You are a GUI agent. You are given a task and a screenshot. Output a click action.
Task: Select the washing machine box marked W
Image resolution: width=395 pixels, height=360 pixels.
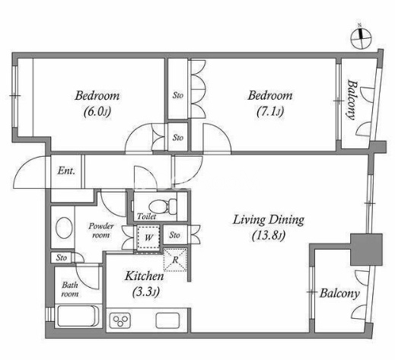[x=148, y=237]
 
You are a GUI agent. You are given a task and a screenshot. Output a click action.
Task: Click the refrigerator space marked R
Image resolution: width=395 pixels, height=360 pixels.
[x=175, y=260]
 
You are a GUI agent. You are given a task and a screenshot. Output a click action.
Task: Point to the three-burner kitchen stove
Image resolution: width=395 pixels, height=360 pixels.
[x=120, y=320]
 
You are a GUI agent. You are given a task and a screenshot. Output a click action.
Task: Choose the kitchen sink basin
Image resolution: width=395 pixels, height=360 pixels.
[x=167, y=320]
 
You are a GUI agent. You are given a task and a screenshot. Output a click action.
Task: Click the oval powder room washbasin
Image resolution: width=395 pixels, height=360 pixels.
[x=64, y=228]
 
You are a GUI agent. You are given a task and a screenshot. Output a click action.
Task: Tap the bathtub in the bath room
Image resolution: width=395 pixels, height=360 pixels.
[x=77, y=316]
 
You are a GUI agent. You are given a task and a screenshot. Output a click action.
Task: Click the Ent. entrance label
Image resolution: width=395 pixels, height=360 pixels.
[x=66, y=170]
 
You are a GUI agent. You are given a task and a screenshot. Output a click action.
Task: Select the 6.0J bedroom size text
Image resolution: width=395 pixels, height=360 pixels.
[x=97, y=112]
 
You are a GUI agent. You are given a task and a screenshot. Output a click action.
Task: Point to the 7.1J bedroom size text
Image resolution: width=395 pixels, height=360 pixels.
[x=270, y=112]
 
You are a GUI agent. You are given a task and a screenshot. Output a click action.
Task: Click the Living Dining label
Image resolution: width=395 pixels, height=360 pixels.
[x=269, y=220]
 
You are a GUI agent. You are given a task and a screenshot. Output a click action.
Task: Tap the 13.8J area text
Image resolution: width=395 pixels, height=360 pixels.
[x=269, y=236]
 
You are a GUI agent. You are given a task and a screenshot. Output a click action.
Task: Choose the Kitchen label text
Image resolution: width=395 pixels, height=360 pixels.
[x=144, y=276]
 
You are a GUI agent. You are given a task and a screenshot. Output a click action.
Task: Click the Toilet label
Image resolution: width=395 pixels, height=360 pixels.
[x=146, y=216]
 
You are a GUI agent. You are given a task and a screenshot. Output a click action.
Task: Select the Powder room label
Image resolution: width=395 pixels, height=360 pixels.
[x=101, y=231]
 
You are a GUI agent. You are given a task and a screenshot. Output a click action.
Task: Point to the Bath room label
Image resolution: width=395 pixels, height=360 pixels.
[x=70, y=289]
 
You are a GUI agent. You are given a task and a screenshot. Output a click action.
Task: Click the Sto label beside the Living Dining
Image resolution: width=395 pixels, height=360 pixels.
[x=174, y=235]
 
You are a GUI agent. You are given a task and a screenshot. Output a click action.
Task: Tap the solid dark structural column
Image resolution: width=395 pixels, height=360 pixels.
[x=366, y=250]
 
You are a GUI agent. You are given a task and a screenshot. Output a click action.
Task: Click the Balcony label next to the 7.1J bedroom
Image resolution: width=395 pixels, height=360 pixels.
[x=351, y=100]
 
